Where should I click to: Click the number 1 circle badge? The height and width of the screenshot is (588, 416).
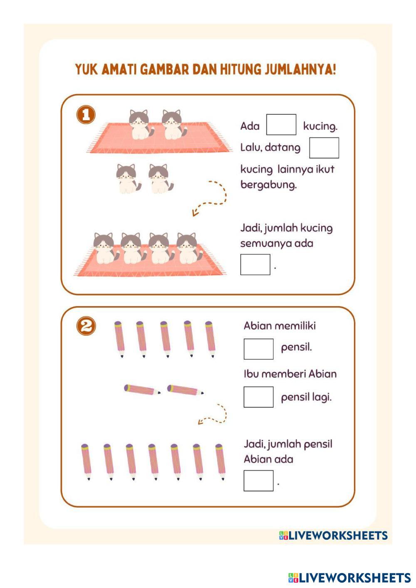tap(86, 115)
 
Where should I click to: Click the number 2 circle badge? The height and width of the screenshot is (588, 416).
tap(86, 326)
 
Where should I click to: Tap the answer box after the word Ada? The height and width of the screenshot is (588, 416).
tap(281, 124)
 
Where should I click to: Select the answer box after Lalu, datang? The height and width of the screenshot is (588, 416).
tap(324, 148)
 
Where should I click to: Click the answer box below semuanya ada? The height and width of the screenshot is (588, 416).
tap(255, 264)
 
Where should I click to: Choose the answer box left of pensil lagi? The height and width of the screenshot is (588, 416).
tap(258, 397)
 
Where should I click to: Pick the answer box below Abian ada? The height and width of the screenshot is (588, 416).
tap(258, 481)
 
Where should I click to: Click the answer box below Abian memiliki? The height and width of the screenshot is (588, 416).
tap(258, 349)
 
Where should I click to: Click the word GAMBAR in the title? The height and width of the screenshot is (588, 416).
tap(165, 69)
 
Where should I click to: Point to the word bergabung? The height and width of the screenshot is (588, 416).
tap(268, 185)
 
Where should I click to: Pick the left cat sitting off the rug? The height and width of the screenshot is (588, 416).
tap(128, 179)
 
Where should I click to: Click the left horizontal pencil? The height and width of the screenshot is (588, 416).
tap(142, 390)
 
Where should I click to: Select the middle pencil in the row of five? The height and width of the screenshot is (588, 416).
tap(165, 339)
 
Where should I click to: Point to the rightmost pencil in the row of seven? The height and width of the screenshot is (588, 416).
tap(220, 462)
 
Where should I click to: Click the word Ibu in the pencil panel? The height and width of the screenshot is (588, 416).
tap(251, 374)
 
